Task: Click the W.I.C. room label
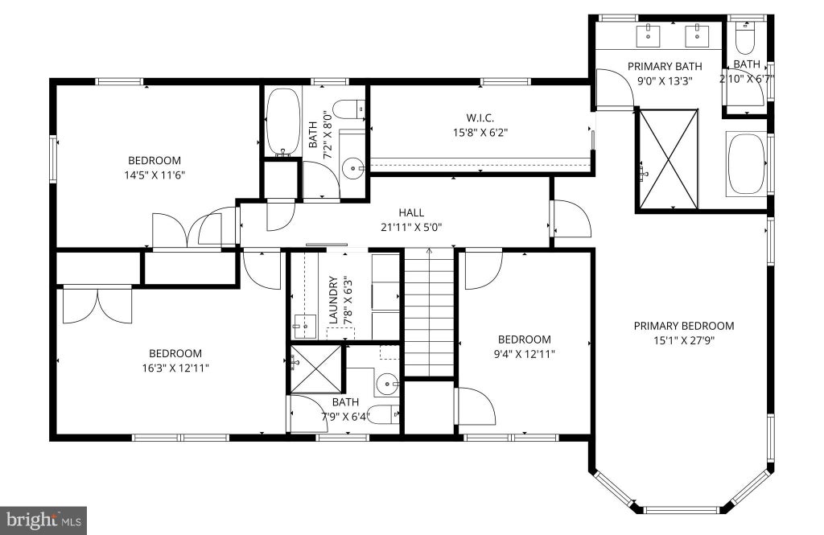[x=480, y=117]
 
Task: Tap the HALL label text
[x=411, y=213]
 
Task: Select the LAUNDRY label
[x=333, y=300]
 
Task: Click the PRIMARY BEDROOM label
[x=684, y=326]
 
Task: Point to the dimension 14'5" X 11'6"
[x=154, y=175]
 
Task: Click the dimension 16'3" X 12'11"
[x=175, y=368]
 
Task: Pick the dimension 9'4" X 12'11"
[x=524, y=354]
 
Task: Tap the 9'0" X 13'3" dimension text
[x=665, y=81]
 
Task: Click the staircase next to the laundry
[x=429, y=313]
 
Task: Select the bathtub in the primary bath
[x=746, y=164]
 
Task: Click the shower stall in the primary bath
[x=668, y=158]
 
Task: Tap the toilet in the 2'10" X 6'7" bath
[x=744, y=37]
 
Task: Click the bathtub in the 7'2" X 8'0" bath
[x=282, y=122]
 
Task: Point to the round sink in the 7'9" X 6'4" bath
[x=388, y=384]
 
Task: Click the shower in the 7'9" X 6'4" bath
[x=315, y=368]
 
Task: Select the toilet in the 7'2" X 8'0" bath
[x=349, y=109]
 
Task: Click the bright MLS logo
[x=43, y=521]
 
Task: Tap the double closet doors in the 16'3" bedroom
[x=97, y=306]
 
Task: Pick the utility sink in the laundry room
[x=304, y=327]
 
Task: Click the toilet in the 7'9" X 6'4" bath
[x=382, y=414]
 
